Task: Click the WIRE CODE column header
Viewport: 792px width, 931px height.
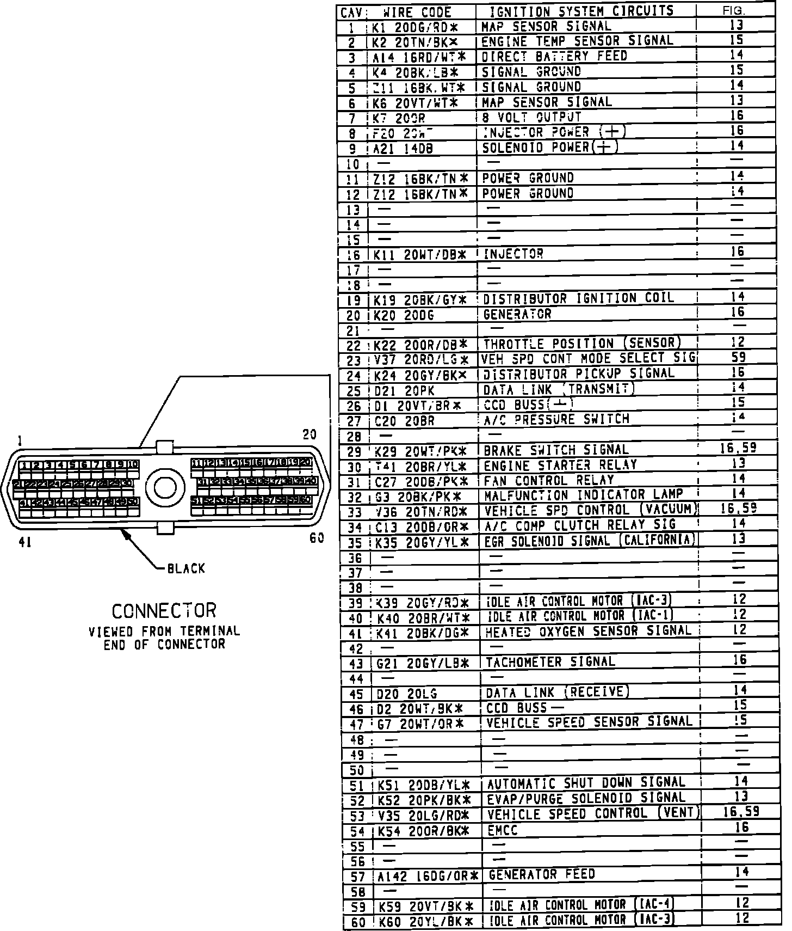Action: click(x=417, y=12)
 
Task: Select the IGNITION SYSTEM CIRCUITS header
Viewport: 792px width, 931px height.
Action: click(x=581, y=11)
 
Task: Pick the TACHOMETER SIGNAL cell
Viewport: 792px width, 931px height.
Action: click(x=550, y=662)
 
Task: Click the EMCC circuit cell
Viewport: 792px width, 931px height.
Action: click(x=502, y=830)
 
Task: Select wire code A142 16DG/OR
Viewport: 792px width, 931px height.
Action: click(x=428, y=875)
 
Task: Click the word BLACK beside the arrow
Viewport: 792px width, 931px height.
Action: click(x=186, y=569)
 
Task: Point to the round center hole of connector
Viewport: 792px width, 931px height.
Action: click(x=169, y=487)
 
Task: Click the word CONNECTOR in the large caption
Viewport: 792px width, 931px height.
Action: click(x=164, y=611)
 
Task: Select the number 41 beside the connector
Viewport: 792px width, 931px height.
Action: click(x=25, y=542)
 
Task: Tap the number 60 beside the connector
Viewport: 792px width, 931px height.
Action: click(x=317, y=538)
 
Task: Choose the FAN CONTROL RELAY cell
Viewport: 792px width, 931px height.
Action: click(x=548, y=480)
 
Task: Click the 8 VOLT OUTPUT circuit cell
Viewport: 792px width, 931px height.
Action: click(x=532, y=117)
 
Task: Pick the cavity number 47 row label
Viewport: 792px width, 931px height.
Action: click(x=356, y=725)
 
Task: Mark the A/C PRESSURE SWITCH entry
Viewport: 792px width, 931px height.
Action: click(x=556, y=419)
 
